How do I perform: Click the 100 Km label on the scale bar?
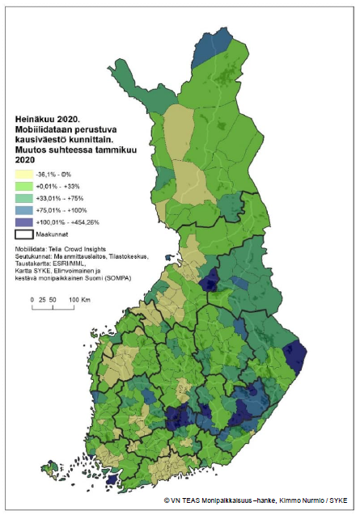coord(78,299)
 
